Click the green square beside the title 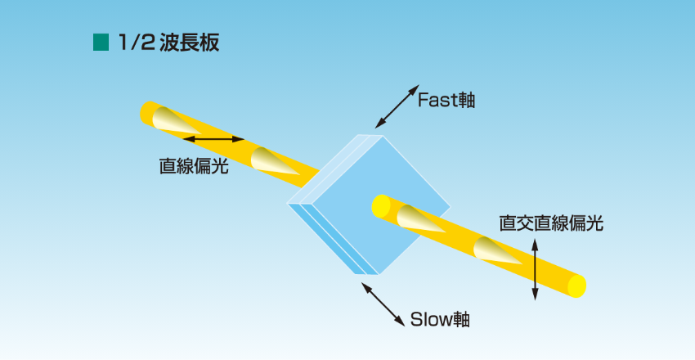tap(101, 43)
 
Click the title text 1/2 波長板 tap(168, 43)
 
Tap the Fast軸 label tap(446, 100)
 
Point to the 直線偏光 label tap(193, 166)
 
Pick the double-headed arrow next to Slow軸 tap(383, 304)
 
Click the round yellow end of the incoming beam tap(148, 112)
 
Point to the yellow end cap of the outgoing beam tap(577, 286)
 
